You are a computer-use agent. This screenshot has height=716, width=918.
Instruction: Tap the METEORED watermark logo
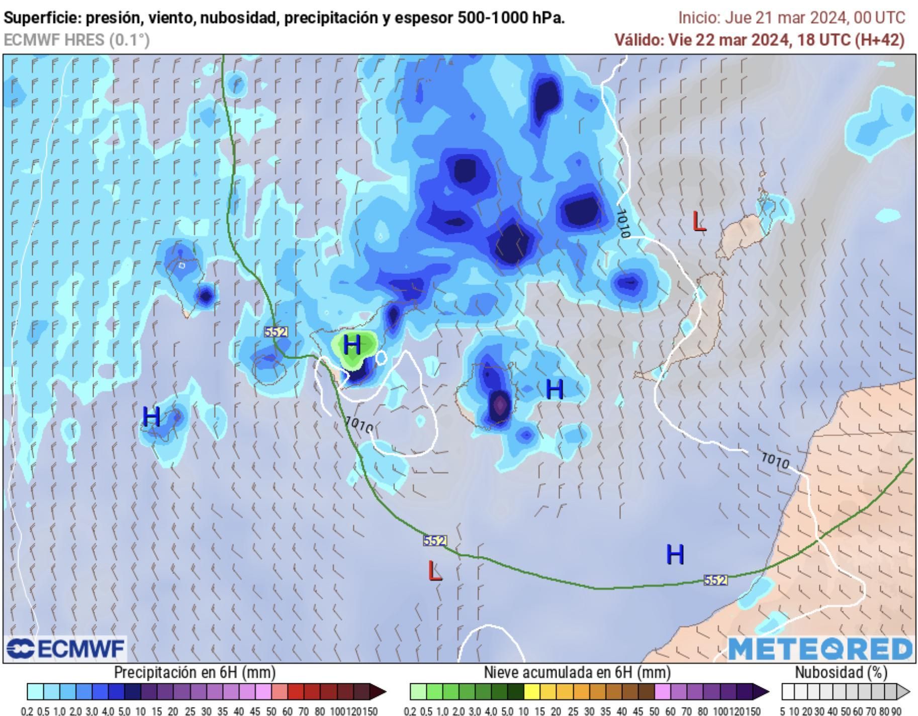(820, 649)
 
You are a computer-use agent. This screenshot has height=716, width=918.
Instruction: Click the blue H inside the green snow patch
(352, 345)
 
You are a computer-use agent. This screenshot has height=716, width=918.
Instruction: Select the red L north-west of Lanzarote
(699, 221)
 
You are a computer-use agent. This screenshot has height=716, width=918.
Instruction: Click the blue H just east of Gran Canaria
(555, 390)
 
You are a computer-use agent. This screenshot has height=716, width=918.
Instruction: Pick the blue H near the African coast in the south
(675, 555)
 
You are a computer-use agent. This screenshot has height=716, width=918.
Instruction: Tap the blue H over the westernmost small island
(151, 417)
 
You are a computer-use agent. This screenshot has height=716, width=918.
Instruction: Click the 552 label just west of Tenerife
(276, 332)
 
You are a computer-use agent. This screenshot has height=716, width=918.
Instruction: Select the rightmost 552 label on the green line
(715, 580)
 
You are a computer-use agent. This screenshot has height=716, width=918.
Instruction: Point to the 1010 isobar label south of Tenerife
(359, 425)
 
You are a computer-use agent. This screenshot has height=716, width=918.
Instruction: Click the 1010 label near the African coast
(775, 460)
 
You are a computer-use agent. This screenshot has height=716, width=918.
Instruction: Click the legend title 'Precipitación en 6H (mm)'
(195, 672)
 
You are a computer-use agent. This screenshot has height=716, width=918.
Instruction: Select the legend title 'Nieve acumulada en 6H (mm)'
(577, 672)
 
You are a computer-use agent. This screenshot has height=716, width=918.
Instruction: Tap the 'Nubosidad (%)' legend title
(841, 672)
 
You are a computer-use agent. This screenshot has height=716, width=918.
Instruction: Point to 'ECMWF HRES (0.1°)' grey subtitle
(76, 40)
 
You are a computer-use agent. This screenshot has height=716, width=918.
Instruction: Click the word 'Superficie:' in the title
(42, 18)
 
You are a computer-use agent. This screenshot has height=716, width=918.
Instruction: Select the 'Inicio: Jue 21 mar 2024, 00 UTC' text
(792, 18)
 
